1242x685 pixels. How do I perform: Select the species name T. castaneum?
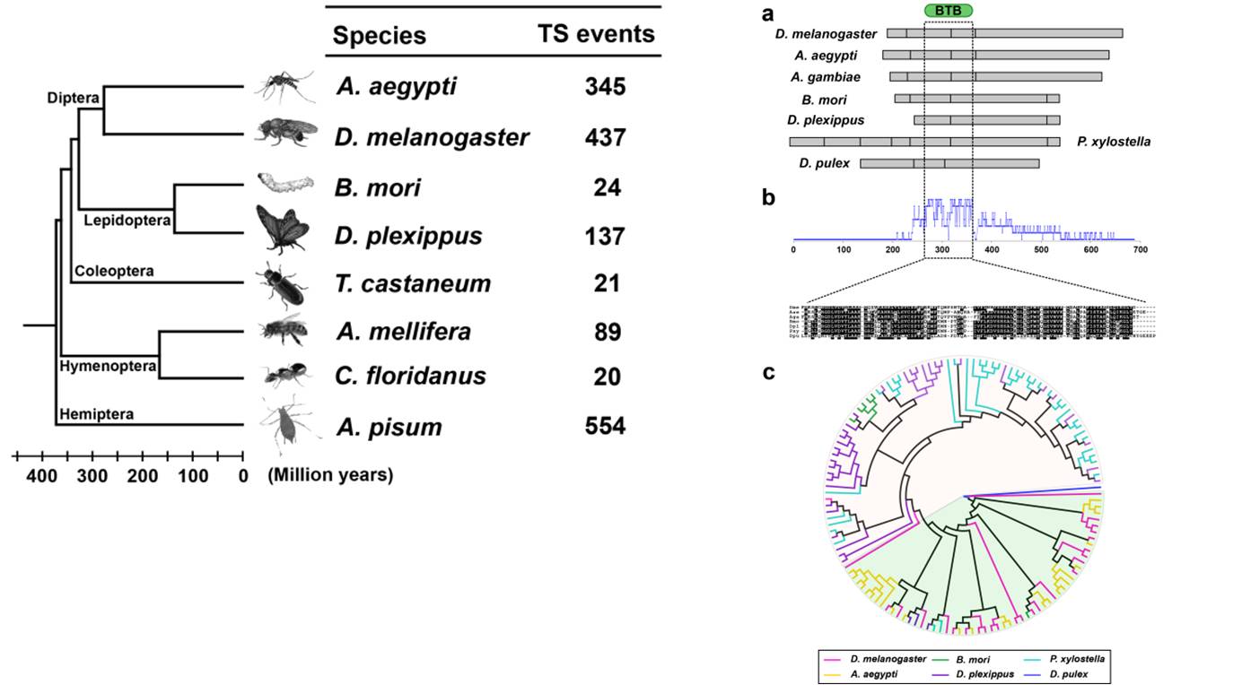414,283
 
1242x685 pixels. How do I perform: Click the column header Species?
380,35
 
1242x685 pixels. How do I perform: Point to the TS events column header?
596,34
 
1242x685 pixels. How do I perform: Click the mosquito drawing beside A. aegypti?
284,87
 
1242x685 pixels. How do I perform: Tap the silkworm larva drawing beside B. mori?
284,183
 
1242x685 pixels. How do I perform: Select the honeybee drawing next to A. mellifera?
284,330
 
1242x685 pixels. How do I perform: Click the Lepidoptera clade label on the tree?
127,220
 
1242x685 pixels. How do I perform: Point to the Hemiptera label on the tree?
96,414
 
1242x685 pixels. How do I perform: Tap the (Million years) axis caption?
330,475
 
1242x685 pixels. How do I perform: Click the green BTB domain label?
948,11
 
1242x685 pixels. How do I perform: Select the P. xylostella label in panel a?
1113,142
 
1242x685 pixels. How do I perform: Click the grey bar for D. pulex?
949,163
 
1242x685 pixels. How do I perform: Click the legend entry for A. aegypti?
879,673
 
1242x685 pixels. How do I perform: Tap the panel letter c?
768,373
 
